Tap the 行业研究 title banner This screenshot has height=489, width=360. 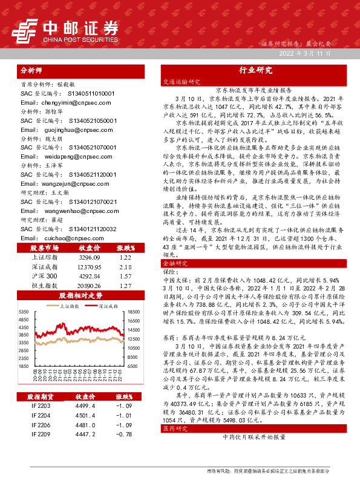coord(256,70)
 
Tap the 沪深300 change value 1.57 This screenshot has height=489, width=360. coord(126,275)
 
